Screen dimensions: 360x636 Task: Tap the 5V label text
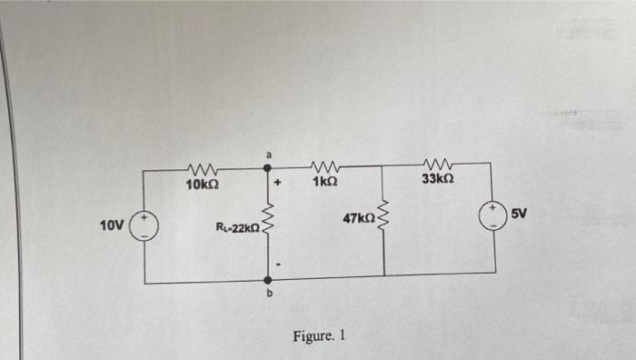[x=519, y=214]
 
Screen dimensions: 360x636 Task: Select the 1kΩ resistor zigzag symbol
[x=325, y=166]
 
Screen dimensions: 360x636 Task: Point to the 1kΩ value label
[x=325, y=183]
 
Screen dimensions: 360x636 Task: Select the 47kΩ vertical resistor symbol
[x=384, y=219]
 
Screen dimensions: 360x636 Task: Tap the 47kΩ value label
[x=358, y=218]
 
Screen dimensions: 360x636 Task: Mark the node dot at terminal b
[x=267, y=280]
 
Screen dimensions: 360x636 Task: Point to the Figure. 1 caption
[x=319, y=335]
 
